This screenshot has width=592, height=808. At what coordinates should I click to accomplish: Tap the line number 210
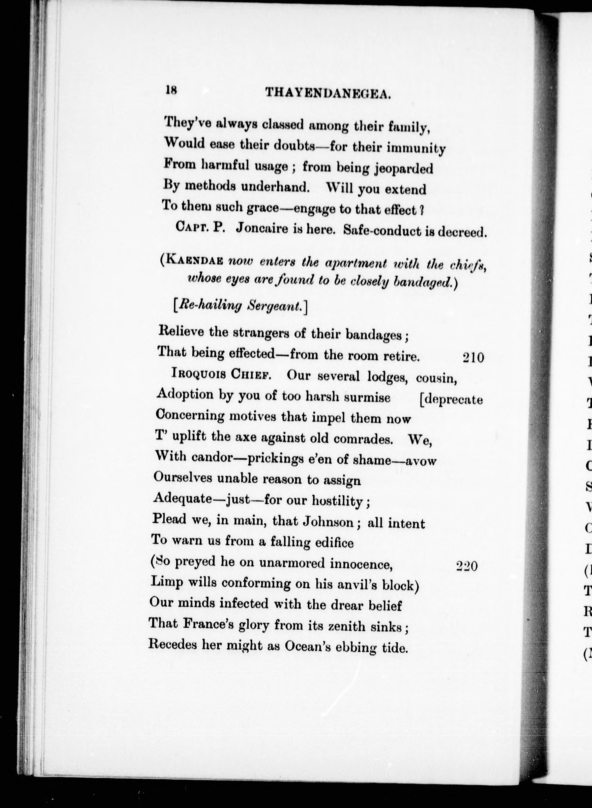click(473, 358)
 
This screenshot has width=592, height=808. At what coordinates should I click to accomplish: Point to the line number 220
click(467, 566)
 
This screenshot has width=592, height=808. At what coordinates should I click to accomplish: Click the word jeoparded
click(403, 168)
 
